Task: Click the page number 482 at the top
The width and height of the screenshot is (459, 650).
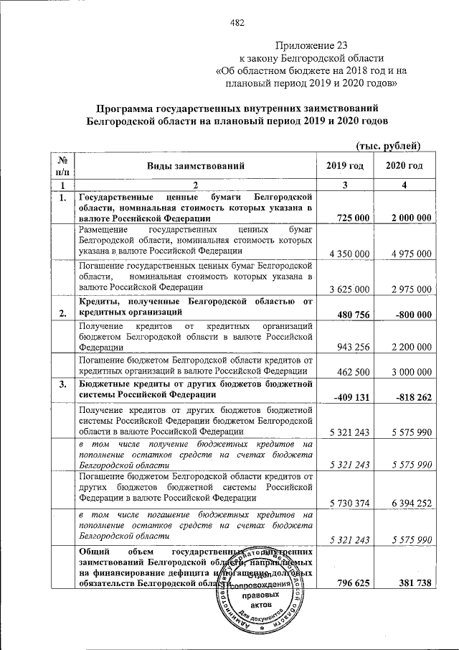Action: [x=238, y=22]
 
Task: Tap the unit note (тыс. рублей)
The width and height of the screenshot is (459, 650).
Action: [x=387, y=146]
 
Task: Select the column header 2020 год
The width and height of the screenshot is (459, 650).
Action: [x=404, y=166]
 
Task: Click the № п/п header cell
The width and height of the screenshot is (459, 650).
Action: [x=62, y=166]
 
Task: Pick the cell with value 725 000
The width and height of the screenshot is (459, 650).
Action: [x=349, y=217]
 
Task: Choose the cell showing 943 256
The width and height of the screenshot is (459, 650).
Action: [x=354, y=347]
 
